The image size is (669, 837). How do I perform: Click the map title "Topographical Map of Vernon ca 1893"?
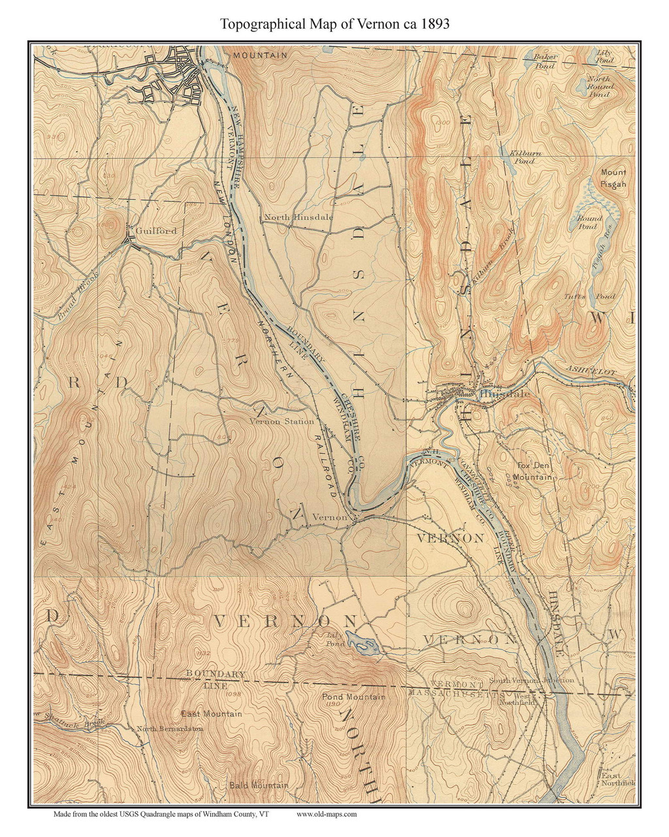(x=334, y=24)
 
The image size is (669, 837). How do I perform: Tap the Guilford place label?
(x=156, y=231)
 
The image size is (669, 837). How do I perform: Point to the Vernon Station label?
(x=282, y=422)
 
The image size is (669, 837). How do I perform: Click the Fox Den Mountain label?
(x=532, y=471)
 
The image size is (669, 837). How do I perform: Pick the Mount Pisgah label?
(x=613, y=178)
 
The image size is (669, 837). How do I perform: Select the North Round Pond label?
(x=598, y=86)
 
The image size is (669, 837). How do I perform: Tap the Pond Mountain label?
(x=353, y=698)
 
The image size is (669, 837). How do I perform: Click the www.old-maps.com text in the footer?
(x=327, y=814)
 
